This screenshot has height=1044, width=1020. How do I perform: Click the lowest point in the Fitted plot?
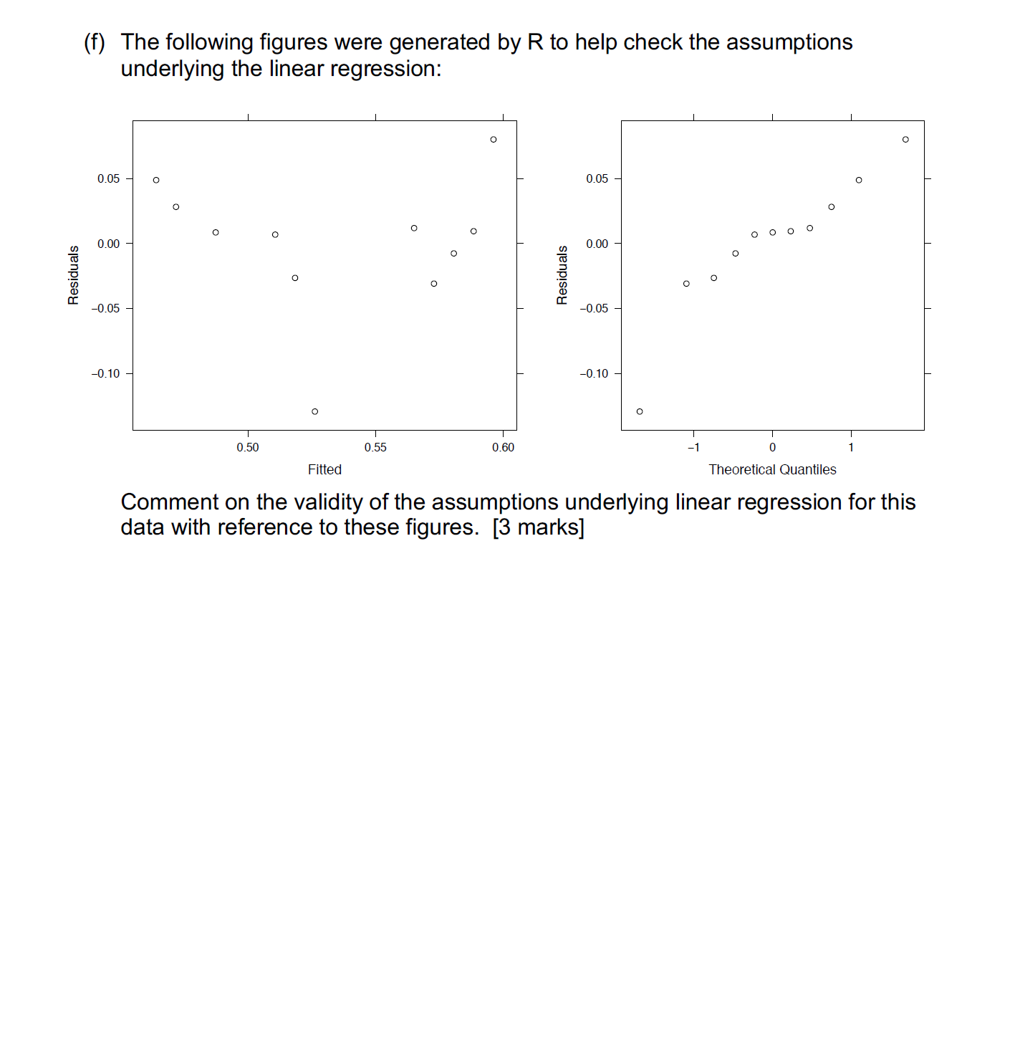click(314, 411)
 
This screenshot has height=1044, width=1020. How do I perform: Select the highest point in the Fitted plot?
click(494, 140)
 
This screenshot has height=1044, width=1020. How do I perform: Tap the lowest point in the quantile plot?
click(640, 411)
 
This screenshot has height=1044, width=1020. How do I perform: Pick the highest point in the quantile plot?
click(905, 140)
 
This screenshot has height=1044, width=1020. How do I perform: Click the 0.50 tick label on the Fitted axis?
click(248, 448)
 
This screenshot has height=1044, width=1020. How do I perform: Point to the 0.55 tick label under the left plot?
click(375, 448)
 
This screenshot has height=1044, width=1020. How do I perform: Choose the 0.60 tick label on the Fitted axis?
click(503, 448)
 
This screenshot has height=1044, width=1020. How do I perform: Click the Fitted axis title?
click(324, 470)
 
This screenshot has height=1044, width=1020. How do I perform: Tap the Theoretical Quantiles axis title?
click(772, 470)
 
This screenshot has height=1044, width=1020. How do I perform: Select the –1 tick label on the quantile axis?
click(693, 448)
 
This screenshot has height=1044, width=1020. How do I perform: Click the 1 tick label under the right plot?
click(851, 448)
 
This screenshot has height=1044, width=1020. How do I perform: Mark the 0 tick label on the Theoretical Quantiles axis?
click(772, 448)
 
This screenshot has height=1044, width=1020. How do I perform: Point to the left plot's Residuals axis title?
click(74, 275)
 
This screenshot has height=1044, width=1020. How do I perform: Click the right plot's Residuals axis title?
click(562, 275)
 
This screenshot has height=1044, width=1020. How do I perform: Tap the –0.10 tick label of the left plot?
click(106, 374)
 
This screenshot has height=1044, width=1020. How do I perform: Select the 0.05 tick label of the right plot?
click(597, 179)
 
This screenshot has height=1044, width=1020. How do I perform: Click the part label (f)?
click(95, 43)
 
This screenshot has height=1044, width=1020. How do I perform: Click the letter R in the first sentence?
click(535, 43)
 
